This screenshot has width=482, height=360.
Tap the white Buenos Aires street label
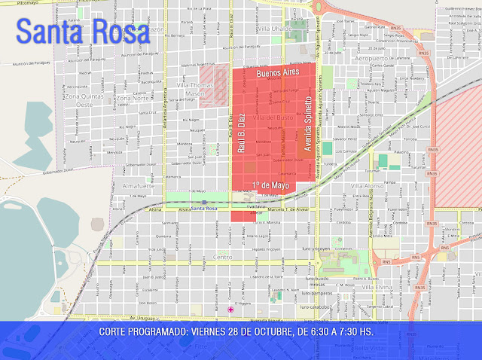click(278, 73)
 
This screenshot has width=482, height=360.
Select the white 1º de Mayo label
click(270, 185)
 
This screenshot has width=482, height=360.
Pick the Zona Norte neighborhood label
click(133, 98)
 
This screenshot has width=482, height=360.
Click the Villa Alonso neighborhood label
click(367, 185)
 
